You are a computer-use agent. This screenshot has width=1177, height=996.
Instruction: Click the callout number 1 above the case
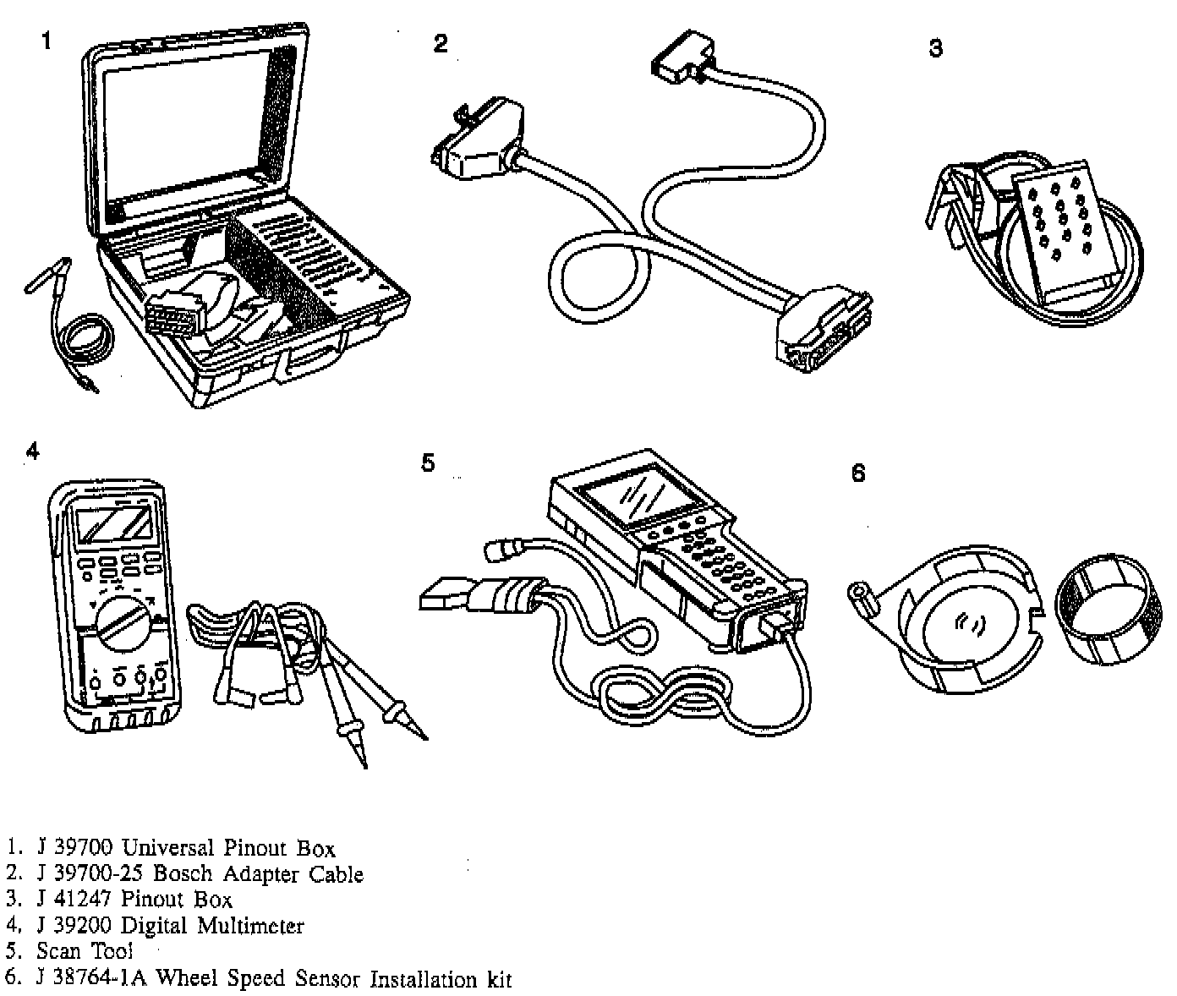(x=47, y=40)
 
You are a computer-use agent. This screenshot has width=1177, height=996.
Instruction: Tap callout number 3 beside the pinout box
(x=935, y=48)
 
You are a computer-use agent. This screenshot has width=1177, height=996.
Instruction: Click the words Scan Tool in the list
(x=85, y=952)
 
